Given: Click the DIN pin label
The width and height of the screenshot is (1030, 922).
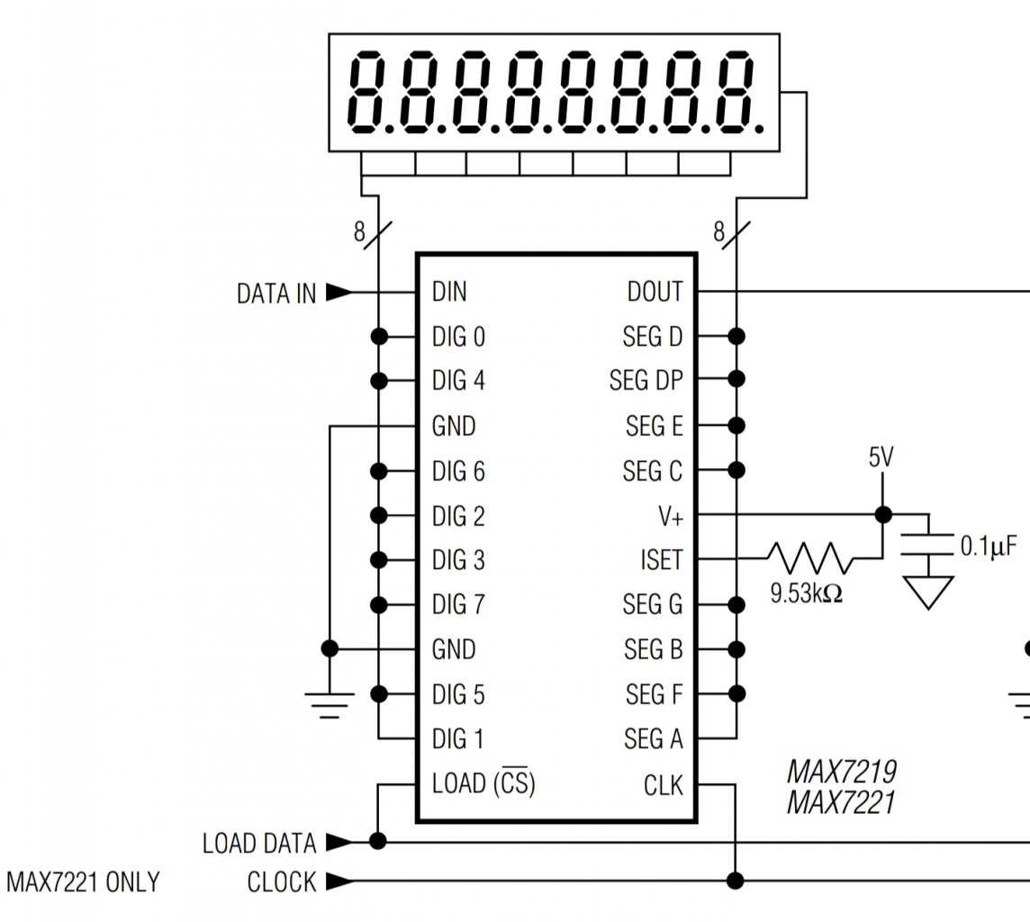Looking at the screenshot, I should (x=449, y=292).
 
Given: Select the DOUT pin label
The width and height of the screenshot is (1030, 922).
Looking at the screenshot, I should (x=655, y=292).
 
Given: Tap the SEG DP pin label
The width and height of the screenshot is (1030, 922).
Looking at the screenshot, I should (x=646, y=381).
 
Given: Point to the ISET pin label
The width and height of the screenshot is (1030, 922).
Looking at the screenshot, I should (x=661, y=560).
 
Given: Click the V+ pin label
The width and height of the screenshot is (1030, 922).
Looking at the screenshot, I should (x=670, y=516).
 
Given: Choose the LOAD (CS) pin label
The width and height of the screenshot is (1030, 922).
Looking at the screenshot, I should (x=483, y=783).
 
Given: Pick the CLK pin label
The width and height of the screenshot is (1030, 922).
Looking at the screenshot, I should (x=664, y=785).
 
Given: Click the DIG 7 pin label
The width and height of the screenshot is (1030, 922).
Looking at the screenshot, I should (x=458, y=604).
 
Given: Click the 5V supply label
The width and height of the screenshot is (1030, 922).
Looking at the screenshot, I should (x=881, y=457).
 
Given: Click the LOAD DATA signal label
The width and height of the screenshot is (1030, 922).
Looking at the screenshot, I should (x=259, y=844).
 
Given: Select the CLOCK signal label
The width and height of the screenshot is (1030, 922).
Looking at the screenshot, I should (x=282, y=882).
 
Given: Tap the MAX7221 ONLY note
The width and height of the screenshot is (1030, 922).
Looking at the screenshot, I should (x=83, y=882).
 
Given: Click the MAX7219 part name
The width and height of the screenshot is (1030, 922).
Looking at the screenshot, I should (x=841, y=772).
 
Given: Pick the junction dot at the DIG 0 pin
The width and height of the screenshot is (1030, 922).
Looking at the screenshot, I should (x=379, y=336).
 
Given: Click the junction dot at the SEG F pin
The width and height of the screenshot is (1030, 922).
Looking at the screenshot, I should (x=736, y=693).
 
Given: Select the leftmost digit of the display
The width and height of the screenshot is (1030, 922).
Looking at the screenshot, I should (x=370, y=92).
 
